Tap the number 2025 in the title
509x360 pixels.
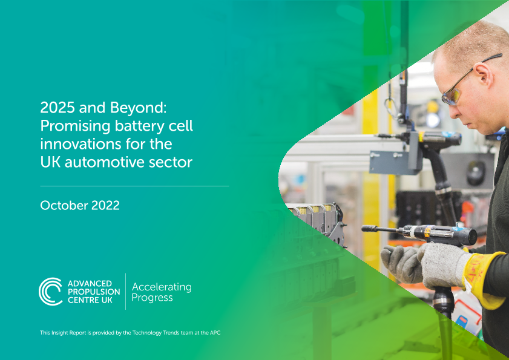tap(57, 108)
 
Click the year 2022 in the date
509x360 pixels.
tap(105, 206)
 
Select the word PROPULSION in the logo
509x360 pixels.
tap(94, 292)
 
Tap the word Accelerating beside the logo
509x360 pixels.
tap(162, 287)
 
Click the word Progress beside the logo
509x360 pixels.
tap(152, 298)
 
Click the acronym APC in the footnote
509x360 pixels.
tap(215, 332)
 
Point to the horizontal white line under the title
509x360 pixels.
tap(134, 186)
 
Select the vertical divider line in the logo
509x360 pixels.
tap(126, 291)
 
